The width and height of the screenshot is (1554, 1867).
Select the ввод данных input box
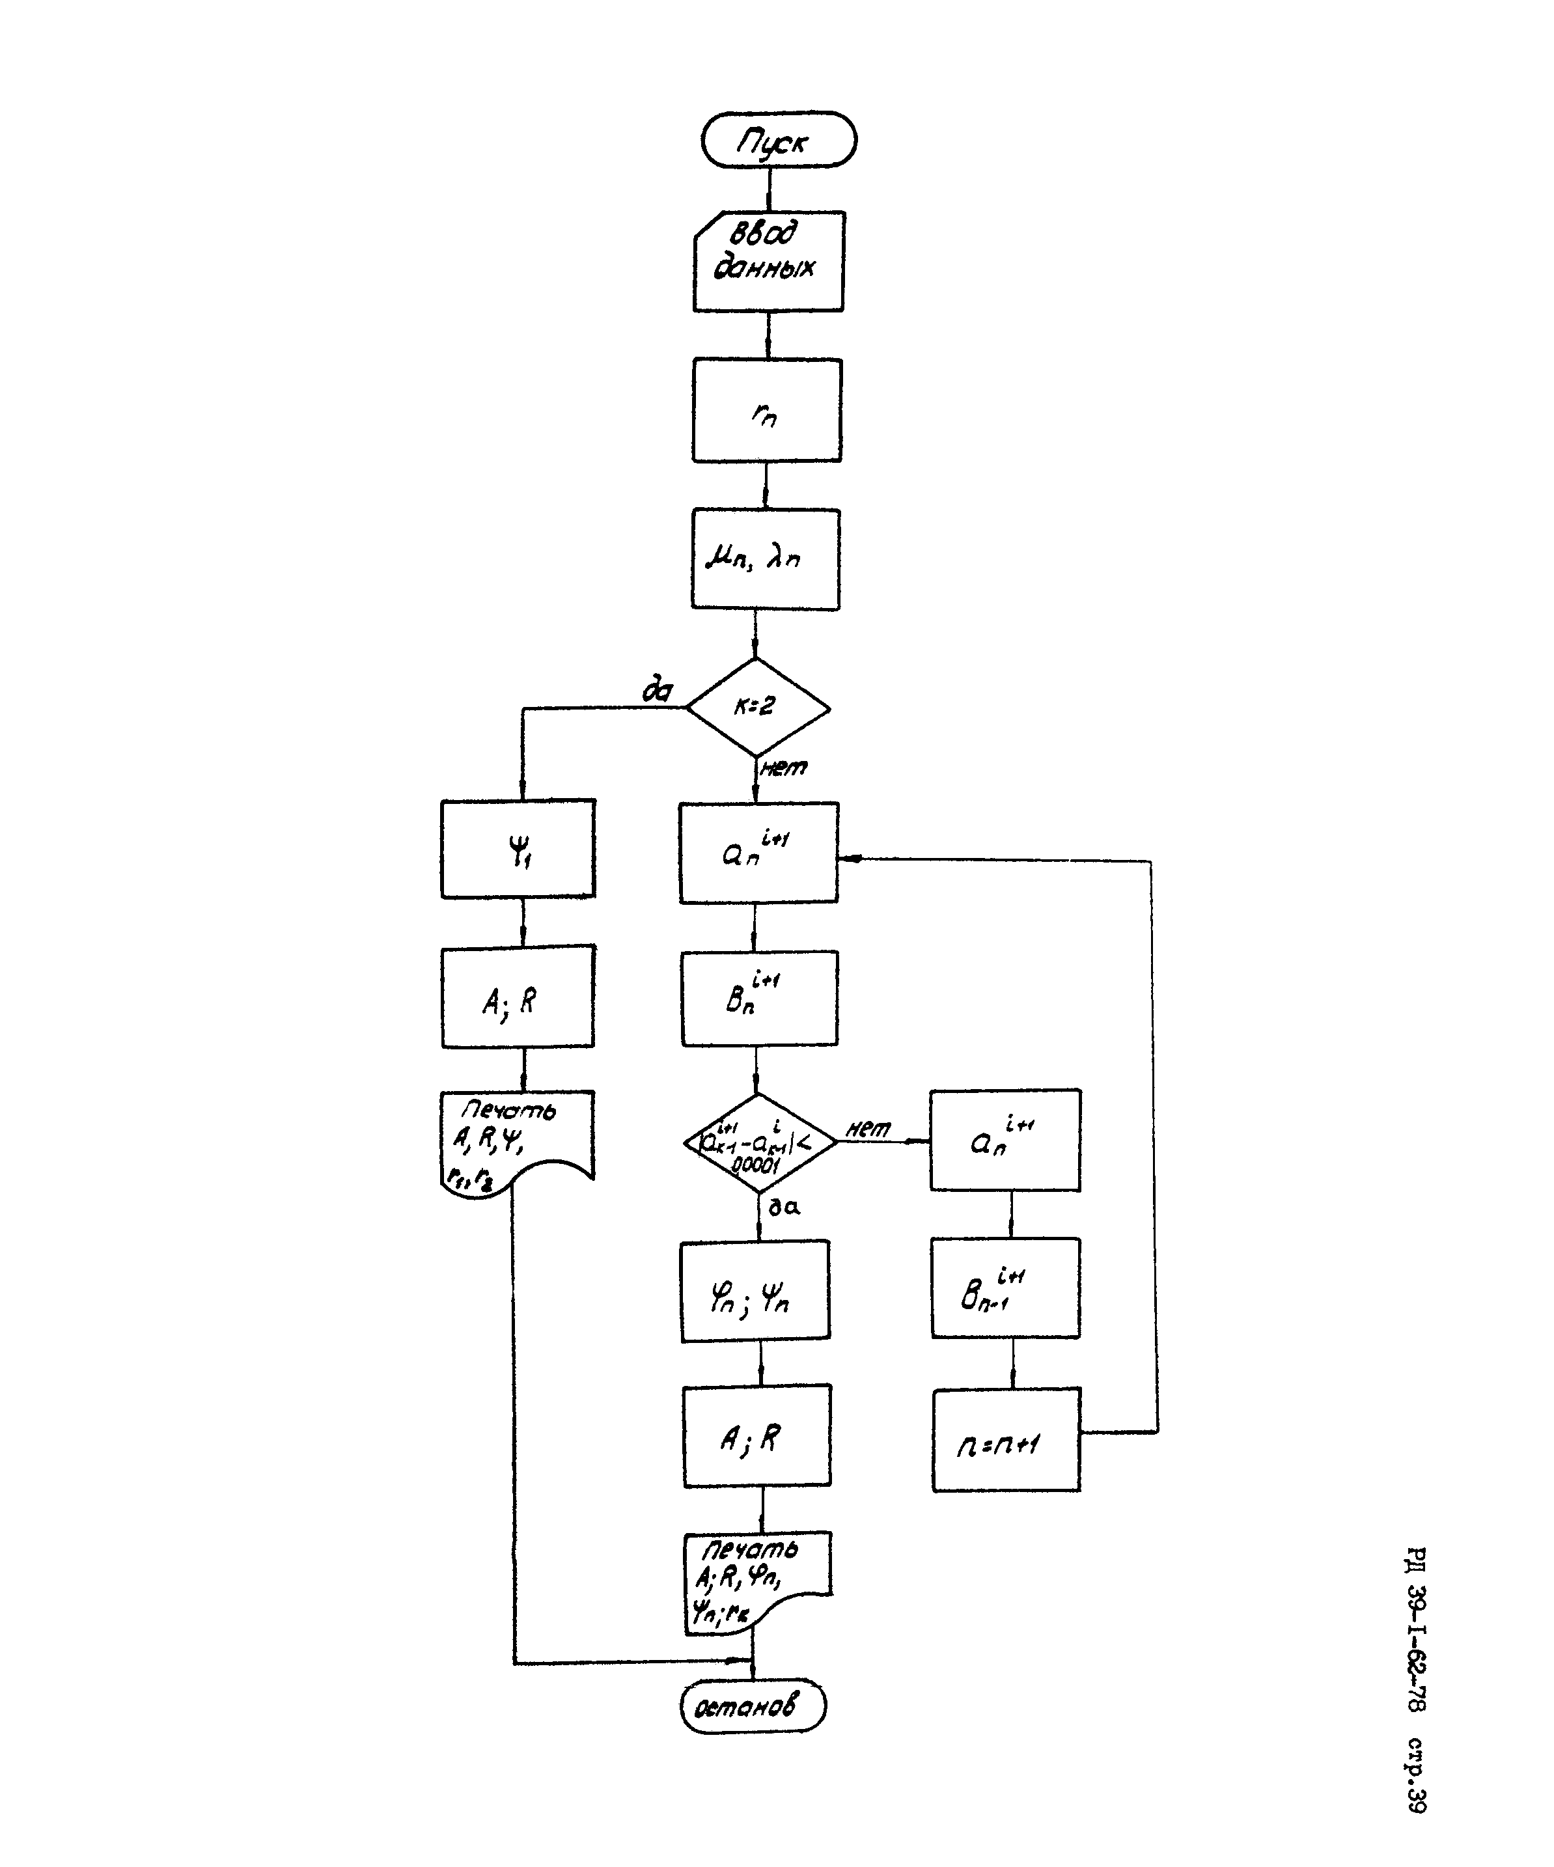[768, 262]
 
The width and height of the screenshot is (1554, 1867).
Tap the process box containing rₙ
[766, 410]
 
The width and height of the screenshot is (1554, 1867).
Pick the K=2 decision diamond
[757, 708]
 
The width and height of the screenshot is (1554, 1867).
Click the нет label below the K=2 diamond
[783, 768]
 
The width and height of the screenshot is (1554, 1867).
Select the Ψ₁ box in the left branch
[518, 849]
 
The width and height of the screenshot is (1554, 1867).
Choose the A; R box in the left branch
[518, 997]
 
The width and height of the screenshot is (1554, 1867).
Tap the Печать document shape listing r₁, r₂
[516, 1142]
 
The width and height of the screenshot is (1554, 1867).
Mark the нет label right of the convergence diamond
[868, 1129]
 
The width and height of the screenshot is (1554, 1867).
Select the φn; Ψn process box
[755, 1291]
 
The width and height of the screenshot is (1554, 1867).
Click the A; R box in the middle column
[756, 1436]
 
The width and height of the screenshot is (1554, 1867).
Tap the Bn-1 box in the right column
[1005, 1289]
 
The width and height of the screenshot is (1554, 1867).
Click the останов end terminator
[752, 1707]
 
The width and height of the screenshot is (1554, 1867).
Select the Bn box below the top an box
[758, 999]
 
